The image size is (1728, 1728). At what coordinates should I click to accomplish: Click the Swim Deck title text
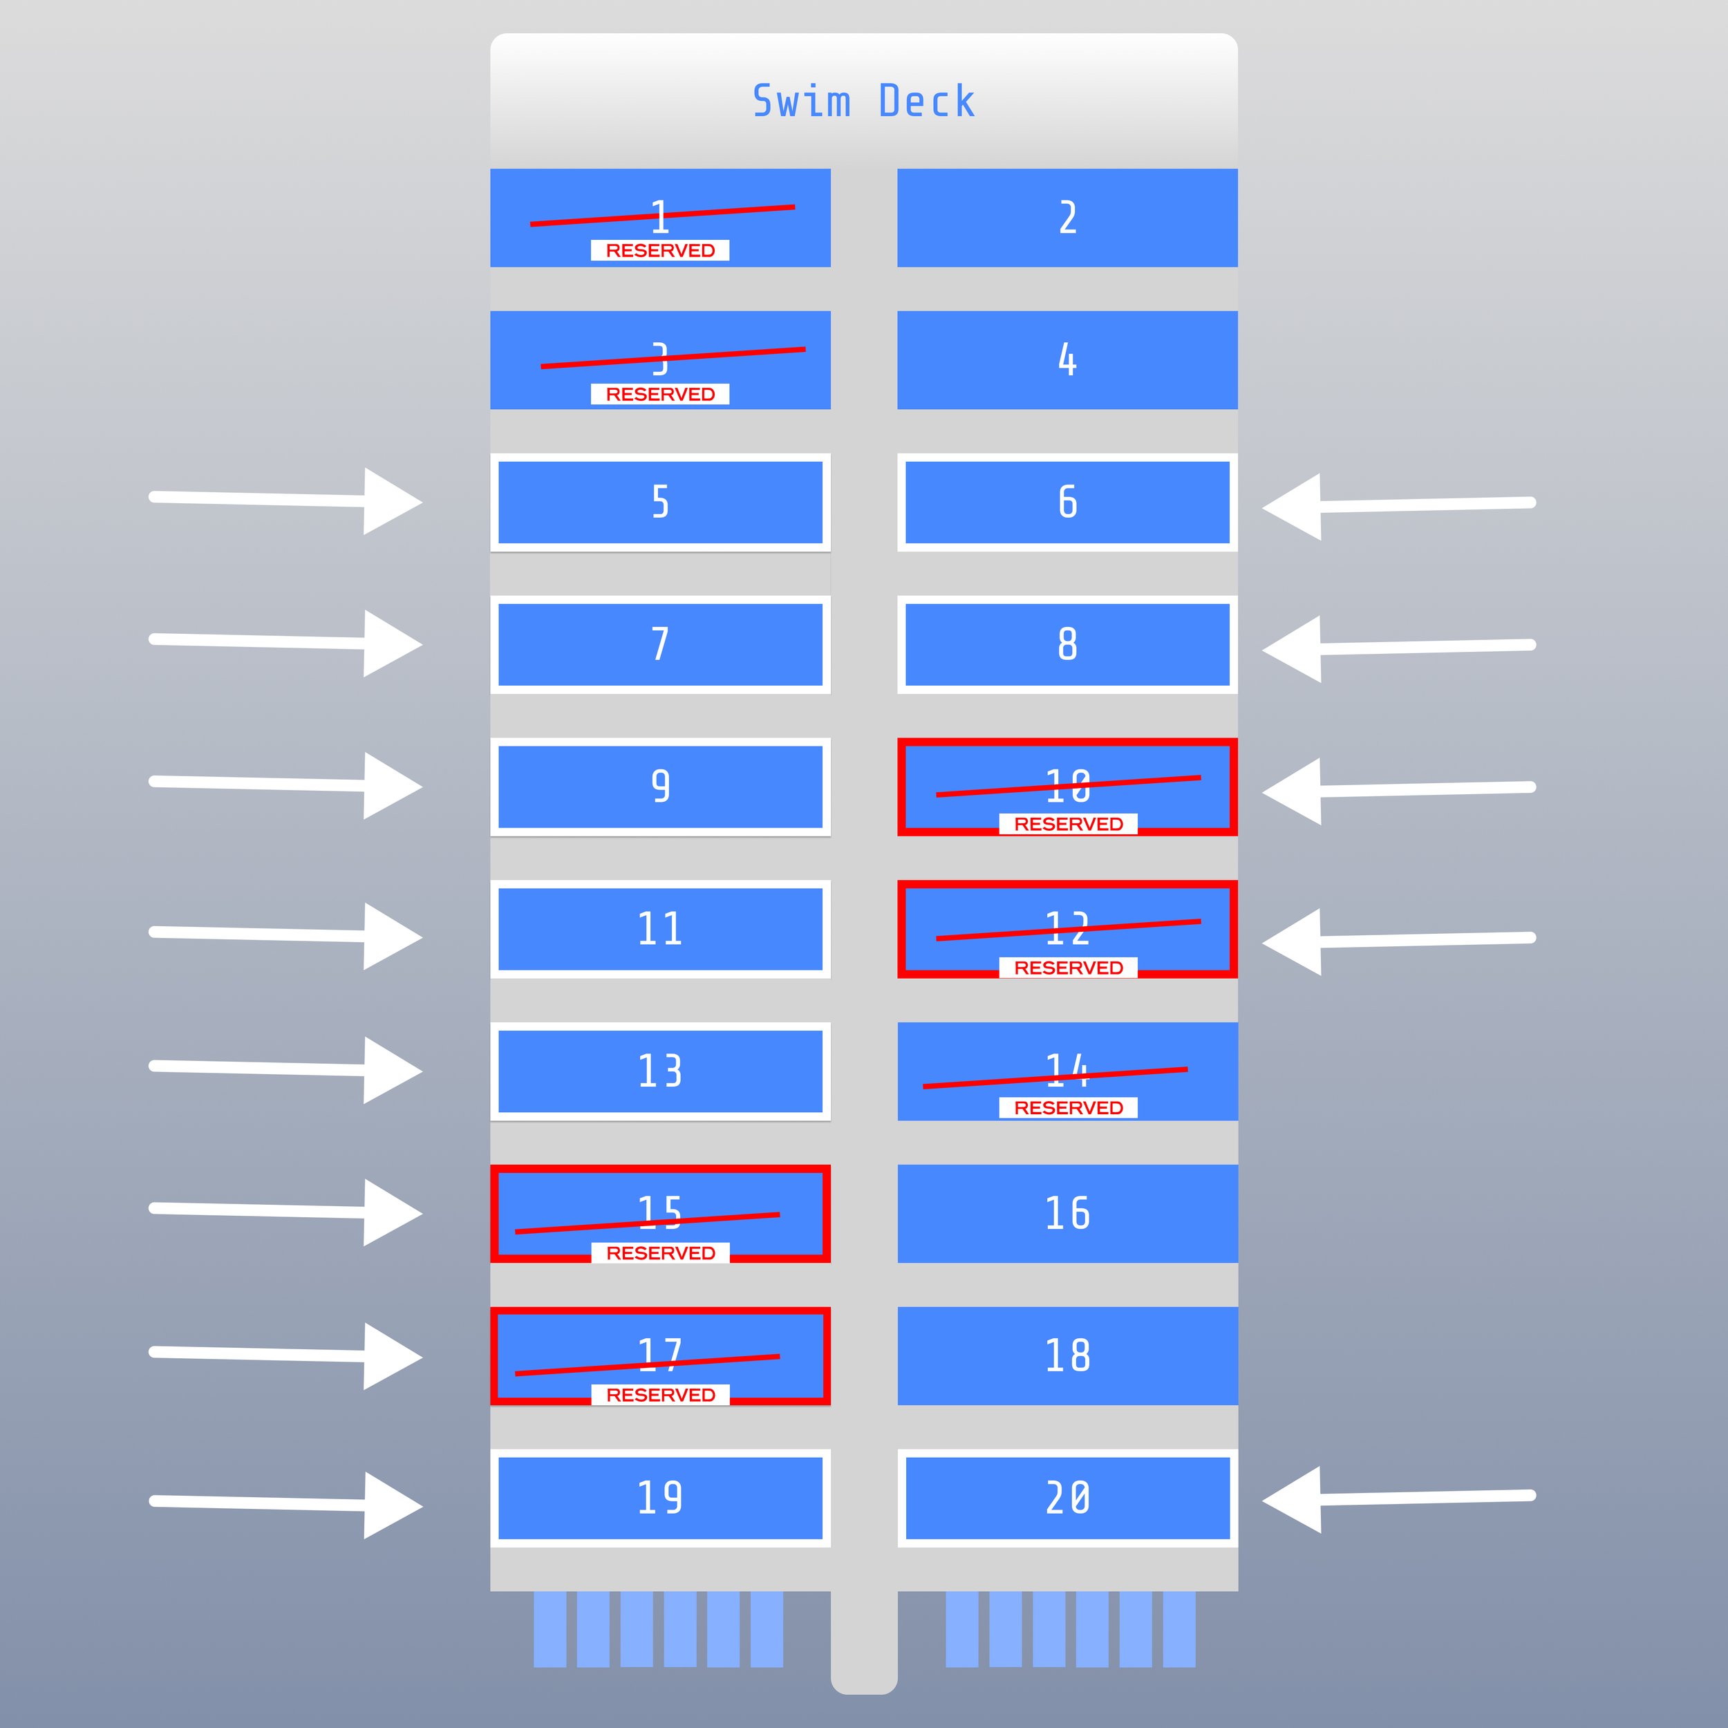coord(863,101)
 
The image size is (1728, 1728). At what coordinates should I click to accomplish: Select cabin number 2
coord(1067,217)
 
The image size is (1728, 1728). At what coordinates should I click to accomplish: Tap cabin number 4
coord(1067,359)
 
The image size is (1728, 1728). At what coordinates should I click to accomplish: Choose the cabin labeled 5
coord(660,502)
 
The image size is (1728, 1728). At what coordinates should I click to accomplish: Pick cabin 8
coord(1067,644)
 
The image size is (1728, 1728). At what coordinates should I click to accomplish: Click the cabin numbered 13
coord(660,1071)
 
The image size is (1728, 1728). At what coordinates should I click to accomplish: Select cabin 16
coord(1067,1213)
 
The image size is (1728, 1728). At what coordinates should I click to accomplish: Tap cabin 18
coord(1067,1355)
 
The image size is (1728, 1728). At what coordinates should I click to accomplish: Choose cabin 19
coord(660,1497)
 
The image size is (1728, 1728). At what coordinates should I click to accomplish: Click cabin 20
coord(1067,1497)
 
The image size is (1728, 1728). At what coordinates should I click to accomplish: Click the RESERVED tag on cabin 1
coord(660,250)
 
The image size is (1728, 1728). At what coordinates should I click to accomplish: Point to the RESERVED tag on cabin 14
coord(1068,1107)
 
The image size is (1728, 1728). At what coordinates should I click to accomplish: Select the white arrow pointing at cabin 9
coord(286,785)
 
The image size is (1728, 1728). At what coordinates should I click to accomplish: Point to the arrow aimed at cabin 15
coord(286,1211)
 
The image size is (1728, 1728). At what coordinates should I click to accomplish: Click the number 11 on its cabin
coord(660,928)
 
